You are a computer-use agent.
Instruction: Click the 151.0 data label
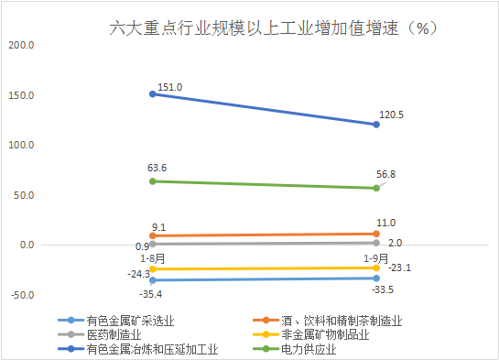pos(170,87)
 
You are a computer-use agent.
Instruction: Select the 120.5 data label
pos(393,115)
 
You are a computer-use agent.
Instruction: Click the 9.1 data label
pos(158,227)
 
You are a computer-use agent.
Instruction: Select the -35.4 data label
pos(152,294)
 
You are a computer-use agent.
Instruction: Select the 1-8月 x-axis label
pos(152,258)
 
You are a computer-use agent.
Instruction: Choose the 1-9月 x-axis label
pos(374,258)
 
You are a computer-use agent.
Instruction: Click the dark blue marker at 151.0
pos(152,93)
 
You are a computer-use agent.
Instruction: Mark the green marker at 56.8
pos(376,188)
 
